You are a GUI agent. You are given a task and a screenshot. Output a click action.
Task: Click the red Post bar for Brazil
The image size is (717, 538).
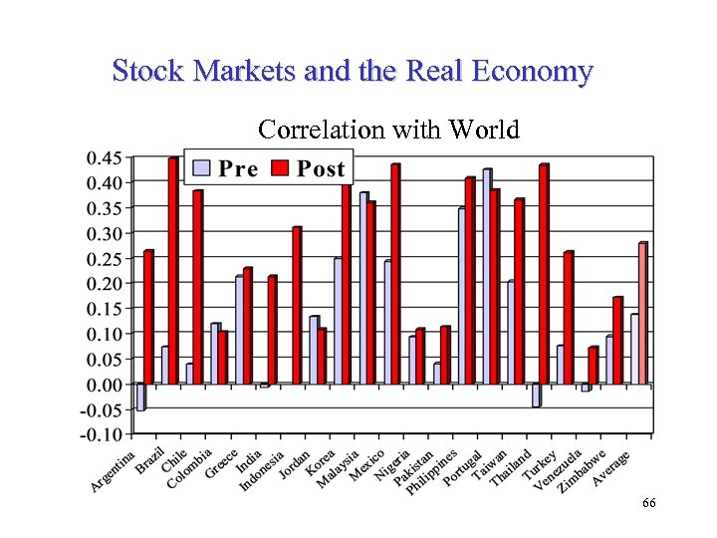[172, 271]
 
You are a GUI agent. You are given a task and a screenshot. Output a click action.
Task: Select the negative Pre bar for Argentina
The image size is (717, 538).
[140, 397]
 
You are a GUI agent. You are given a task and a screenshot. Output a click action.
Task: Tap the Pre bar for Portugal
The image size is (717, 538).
[462, 296]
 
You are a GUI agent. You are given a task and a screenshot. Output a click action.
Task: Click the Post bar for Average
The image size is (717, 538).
[642, 313]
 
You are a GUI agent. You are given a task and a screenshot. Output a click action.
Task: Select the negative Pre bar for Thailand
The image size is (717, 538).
[536, 395]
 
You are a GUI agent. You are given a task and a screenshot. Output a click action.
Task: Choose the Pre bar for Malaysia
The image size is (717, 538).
[363, 288]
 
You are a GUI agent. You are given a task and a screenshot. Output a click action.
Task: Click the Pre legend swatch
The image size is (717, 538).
[202, 167]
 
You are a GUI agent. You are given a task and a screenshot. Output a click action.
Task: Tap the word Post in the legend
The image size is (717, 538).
[321, 168]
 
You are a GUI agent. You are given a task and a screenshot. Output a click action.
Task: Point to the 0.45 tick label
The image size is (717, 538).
[105, 157]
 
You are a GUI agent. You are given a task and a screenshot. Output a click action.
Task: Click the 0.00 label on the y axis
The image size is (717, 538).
[105, 384]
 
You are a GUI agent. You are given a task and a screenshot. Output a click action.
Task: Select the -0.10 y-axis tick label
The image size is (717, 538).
[103, 434]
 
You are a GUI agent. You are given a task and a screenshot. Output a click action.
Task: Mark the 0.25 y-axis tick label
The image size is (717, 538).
[105, 258]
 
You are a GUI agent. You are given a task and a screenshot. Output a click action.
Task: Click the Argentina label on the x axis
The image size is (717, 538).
[113, 472]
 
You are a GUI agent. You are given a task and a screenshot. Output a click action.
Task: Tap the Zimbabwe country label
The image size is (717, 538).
[582, 469]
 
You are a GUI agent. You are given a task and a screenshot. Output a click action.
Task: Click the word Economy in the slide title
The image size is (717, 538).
[533, 72]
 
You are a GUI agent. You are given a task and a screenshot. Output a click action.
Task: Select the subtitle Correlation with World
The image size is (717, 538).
[388, 130]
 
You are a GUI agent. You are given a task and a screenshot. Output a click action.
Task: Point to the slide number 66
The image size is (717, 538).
[648, 504]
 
